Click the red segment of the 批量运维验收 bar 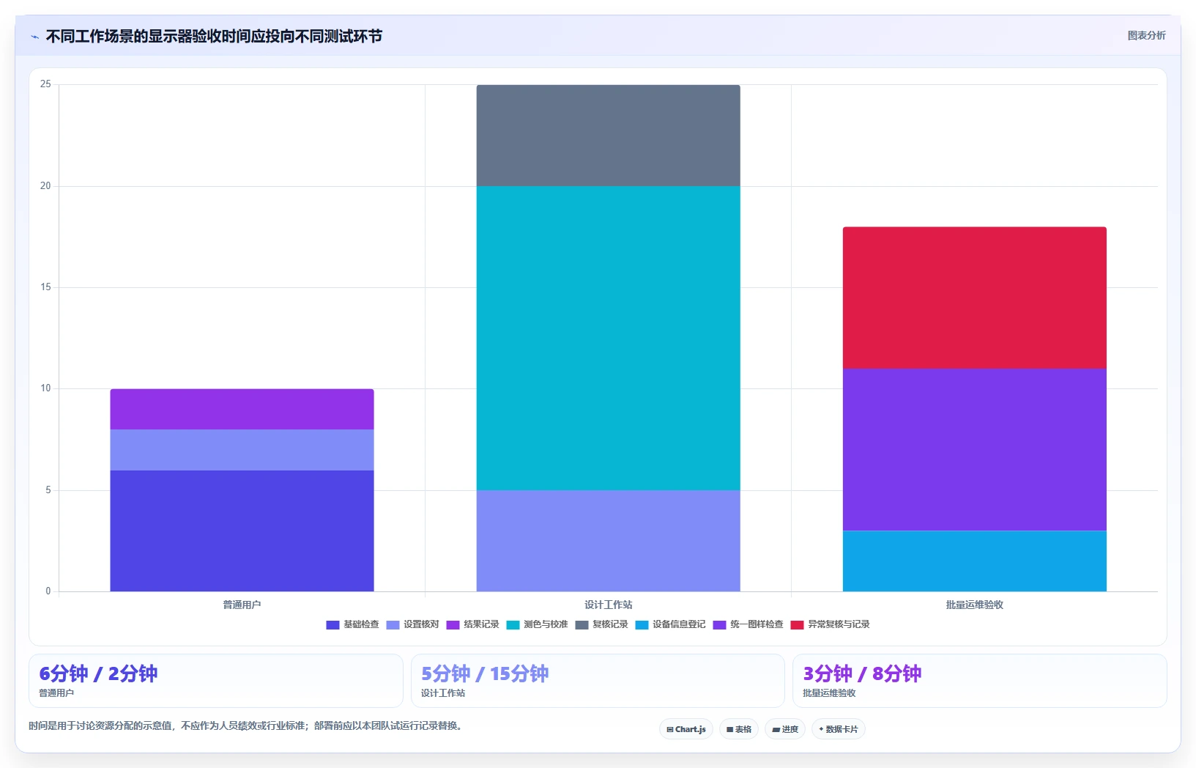coord(974,298)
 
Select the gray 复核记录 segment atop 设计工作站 coord(608,136)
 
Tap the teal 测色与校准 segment coord(608,338)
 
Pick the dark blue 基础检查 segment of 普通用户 coord(242,531)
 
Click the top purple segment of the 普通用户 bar coord(242,409)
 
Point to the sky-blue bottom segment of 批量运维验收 coord(974,561)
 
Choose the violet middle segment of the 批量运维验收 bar coord(974,450)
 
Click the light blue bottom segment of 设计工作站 coord(608,541)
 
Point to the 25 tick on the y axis coord(45,84)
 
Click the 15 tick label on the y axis coord(45,287)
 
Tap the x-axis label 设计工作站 coord(608,605)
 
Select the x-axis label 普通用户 coord(242,605)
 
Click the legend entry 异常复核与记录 coord(831,624)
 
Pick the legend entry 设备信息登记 coord(671,624)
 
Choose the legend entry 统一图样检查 coord(748,624)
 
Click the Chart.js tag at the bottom coord(686,729)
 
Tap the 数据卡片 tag coord(839,729)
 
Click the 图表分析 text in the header coord(1146,35)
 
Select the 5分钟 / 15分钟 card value coord(485,673)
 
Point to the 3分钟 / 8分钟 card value coord(862,673)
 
